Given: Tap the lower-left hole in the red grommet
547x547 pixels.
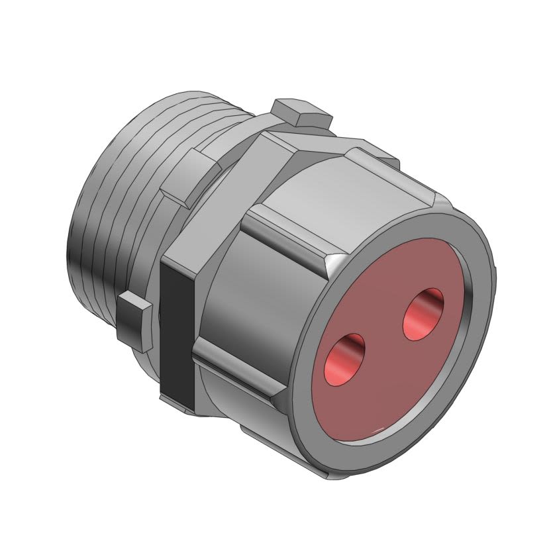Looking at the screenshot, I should click(346, 360).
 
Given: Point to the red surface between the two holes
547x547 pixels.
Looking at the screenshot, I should click(385, 338).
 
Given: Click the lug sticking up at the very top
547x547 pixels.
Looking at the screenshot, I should click(301, 114).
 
